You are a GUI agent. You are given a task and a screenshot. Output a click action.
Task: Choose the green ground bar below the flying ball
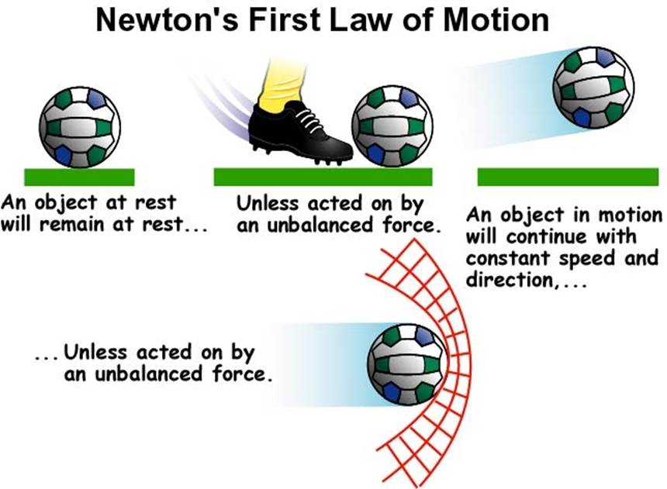(568, 177)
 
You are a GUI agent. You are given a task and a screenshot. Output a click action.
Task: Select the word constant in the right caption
(504, 258)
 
